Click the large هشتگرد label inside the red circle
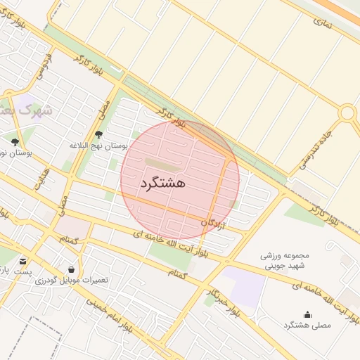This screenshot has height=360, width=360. (x=163, y=183)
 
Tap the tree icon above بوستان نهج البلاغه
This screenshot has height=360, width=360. (x=98, y=134)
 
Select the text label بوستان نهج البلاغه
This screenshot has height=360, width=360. (x=98, y=146)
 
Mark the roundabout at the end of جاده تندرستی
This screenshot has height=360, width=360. (x=347, y=112)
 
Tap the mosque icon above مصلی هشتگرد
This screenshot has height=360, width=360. (x=307, y=314)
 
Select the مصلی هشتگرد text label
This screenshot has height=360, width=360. (x=307, y=324)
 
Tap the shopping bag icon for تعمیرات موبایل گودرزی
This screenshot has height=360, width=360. (x=72, y=269)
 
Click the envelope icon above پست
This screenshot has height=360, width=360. (x=23, y=262)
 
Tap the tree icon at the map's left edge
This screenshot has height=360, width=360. (x=15, y=142)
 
